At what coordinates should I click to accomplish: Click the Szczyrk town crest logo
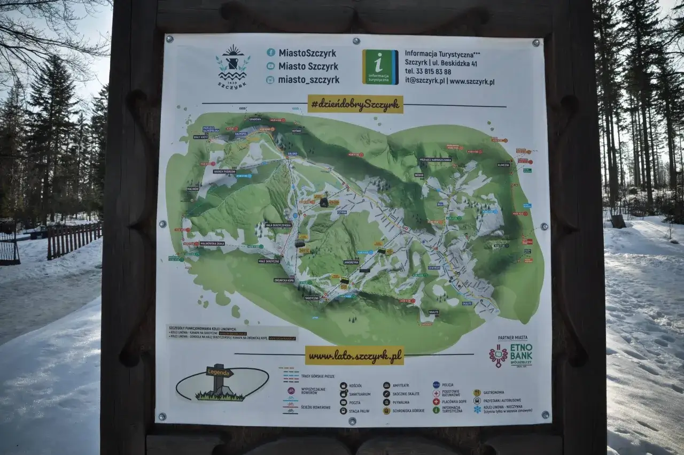pos(233,65)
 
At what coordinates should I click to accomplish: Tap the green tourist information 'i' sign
pos(380,67)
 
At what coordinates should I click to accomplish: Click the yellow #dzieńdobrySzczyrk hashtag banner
pos(355,104)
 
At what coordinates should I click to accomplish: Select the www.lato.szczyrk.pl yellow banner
pos(354,356)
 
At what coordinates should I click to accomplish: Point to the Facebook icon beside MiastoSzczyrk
pos(271,52)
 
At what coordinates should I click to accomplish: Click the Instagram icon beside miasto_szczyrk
pos(271,80)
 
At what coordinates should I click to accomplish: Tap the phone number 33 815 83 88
pos(428,72)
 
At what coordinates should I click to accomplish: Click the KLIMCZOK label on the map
pos(503,165)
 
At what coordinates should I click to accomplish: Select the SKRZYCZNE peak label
pos(312,298)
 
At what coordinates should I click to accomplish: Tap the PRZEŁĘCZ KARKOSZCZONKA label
pos(435,160)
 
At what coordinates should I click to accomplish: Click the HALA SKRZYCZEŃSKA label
pos(278,225)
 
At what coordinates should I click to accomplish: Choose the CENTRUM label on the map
pos(433,267)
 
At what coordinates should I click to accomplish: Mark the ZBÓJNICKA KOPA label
pos(284,280)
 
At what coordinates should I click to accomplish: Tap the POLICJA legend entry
pos(447,384)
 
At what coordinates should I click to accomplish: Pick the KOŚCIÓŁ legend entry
pos(355,385)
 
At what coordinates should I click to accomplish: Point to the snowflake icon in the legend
pos(477,408)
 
